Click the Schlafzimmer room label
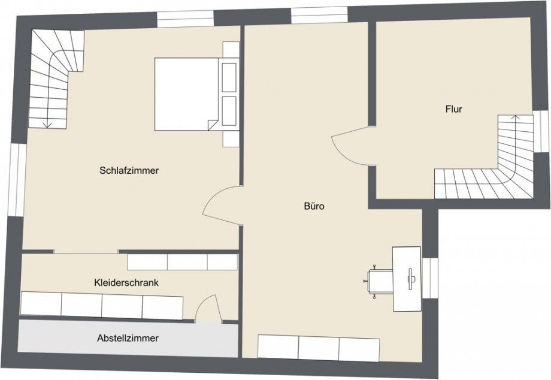point(129,171)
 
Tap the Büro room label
point(314,206)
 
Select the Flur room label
point(453,110)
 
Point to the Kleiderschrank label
point(126,282)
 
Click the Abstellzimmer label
point(128,338)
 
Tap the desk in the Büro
point(407,279)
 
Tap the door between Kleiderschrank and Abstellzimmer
point(210,308)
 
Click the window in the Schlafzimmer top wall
point(185,17)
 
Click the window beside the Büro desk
point(431,279)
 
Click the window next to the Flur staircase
point(540,131)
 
